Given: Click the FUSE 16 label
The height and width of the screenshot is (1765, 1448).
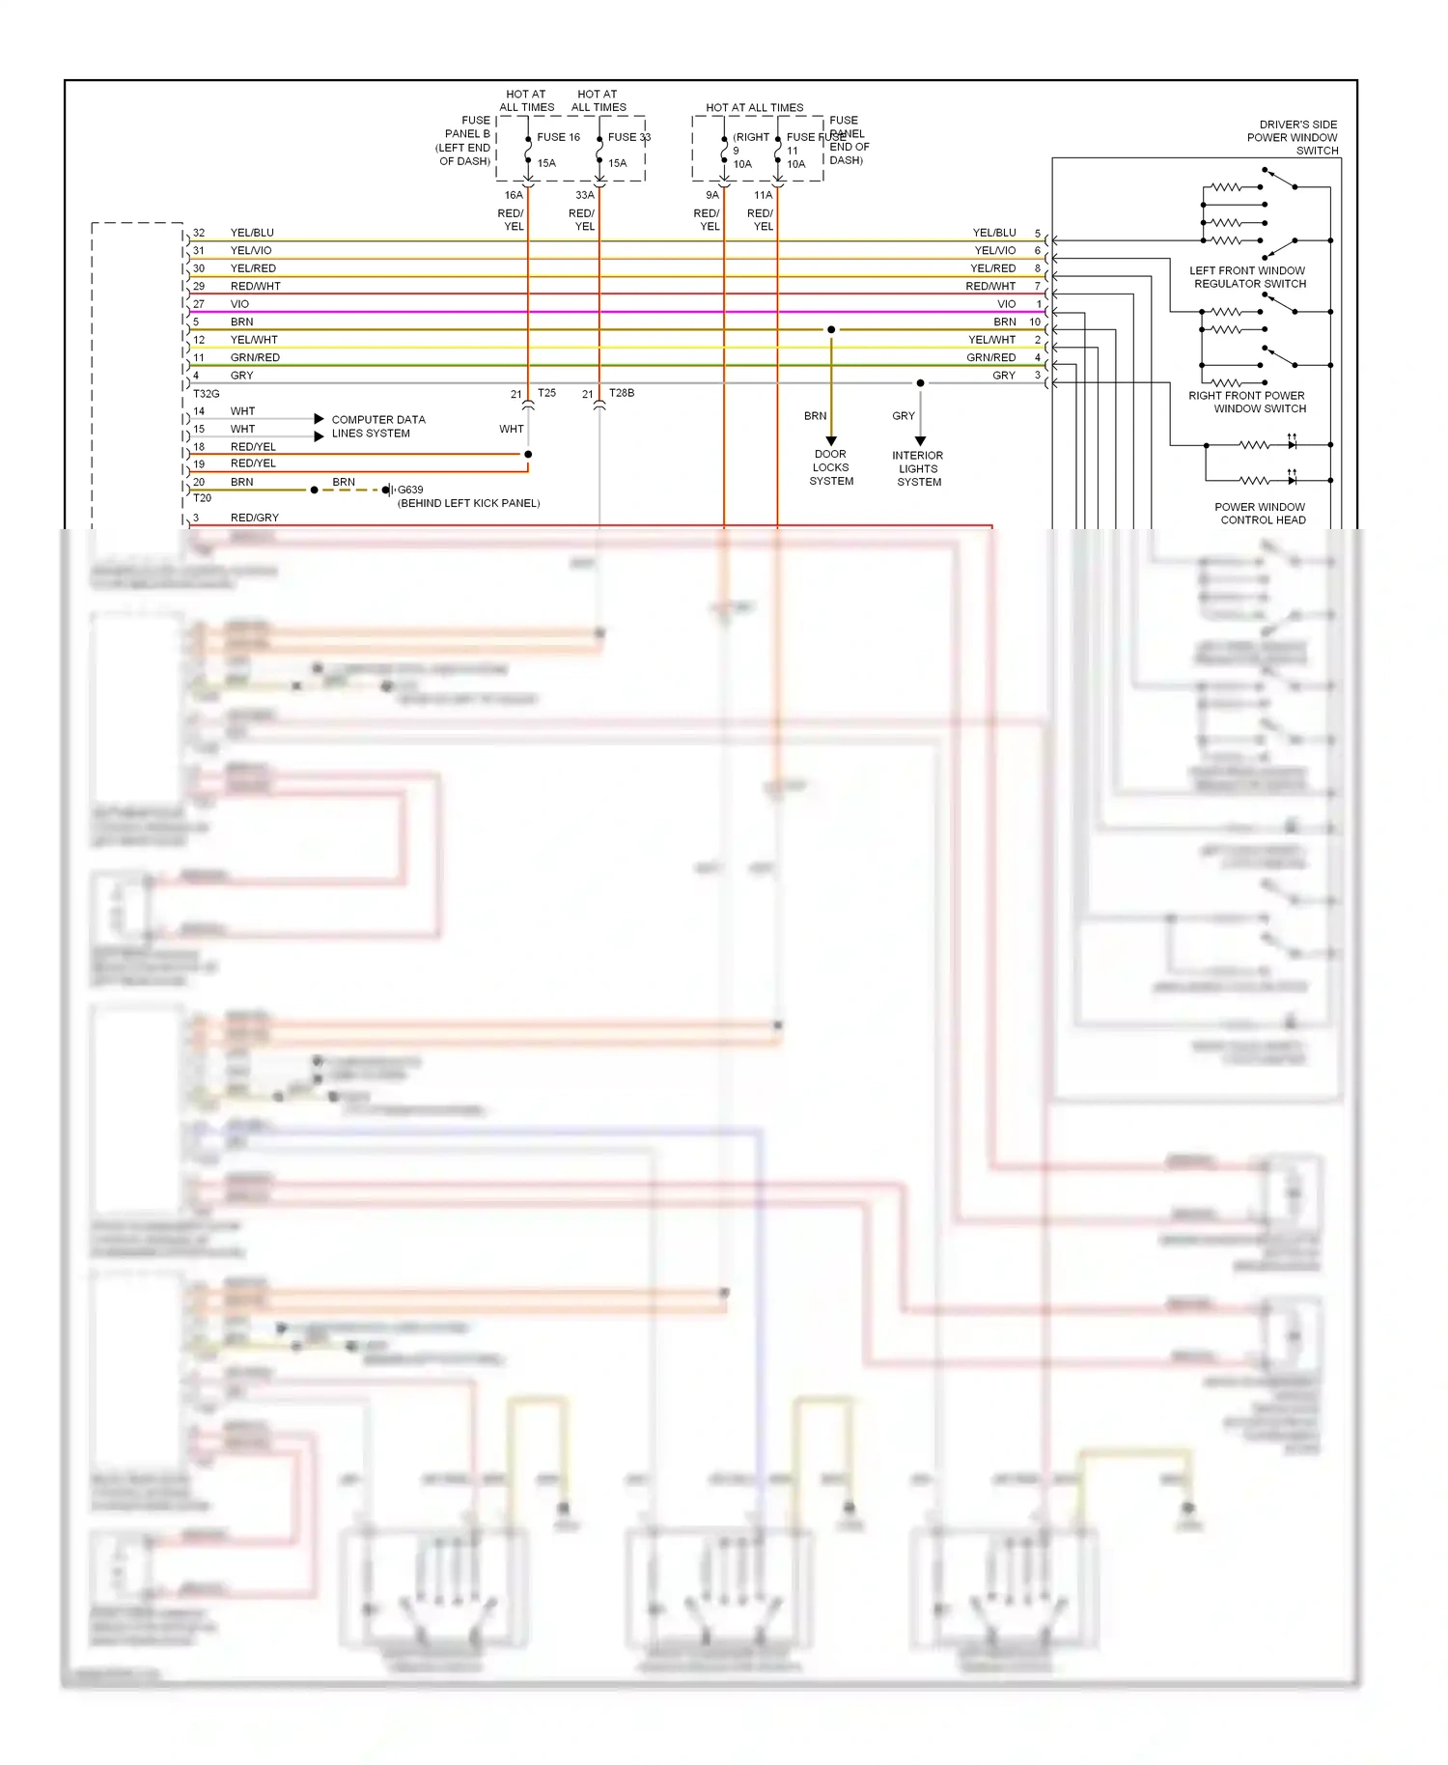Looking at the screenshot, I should point(558,137).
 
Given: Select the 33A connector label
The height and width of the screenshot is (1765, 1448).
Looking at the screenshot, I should point(585,195).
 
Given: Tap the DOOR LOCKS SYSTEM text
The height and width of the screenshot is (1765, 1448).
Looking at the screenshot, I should point(831,467).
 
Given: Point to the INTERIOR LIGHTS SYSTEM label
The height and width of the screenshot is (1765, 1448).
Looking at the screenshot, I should point(918,468).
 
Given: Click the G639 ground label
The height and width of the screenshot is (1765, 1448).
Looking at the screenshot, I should point(410,490).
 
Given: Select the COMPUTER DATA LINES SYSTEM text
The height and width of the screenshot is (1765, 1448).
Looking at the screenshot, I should point(377,427).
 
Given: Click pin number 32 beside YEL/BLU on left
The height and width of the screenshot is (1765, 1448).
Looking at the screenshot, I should point(199,233).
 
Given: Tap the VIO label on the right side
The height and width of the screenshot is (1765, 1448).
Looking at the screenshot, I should point(1006,304).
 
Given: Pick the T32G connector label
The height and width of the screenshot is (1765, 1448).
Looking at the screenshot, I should point(207,394).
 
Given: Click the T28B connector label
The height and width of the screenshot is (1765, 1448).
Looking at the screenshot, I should point(622,393).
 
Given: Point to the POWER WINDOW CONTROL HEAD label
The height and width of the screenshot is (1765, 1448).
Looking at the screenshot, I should point(1261,514).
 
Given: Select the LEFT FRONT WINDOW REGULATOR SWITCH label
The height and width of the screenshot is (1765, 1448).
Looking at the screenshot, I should point(1248,277).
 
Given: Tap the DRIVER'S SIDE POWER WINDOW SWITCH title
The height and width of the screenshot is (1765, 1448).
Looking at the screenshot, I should point(1293,137).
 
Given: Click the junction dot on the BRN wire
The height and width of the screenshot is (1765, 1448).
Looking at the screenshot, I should point(831,330).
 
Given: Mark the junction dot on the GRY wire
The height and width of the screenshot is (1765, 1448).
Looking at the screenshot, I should point(920,383).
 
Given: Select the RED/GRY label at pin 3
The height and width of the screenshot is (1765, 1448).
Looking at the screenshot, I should point(255,518).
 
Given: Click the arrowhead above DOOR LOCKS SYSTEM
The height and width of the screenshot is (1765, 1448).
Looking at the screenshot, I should point(831,440).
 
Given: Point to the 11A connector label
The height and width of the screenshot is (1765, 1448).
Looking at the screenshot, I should point(763,195).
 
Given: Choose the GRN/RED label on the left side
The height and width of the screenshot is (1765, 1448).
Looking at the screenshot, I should point(255,358).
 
